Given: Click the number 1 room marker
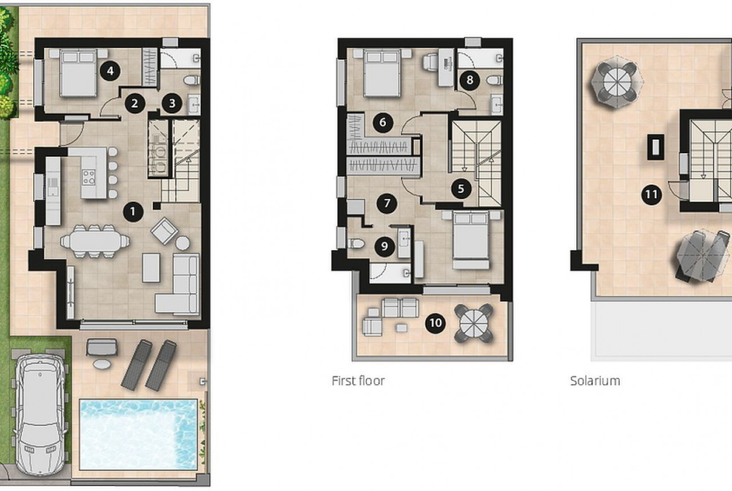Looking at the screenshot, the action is (x=133, y=211).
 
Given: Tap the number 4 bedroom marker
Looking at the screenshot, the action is (x=109, y=71).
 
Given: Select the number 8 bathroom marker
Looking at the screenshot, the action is (x=470, y=80).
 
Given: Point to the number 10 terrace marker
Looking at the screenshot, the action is (x=435, y=323).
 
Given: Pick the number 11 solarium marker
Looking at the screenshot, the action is (x=651, y=194).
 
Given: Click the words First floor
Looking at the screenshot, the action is (x=358, y=380).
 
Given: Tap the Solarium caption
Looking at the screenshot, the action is (x=595, y=380).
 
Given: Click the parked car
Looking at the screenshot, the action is (x=40, y=412).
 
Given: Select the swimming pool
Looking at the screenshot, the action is (x=139, y=434).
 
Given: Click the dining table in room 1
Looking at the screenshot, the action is (x=94, y=241).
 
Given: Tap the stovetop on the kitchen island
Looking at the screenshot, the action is (x=89, y=177).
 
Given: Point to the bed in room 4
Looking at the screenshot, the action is (x=78, y=73).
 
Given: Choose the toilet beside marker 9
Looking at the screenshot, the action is (x=357, y=243).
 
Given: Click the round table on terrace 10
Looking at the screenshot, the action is (x=474, y=323).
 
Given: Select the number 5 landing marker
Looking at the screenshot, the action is (x=460, y=188).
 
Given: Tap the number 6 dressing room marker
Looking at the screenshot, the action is (x=383, y=123).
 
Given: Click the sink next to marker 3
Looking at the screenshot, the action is (x=194, y=104).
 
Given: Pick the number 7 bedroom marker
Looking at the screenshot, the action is (x=387, y=203).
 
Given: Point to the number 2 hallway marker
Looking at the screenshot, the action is (x=135, y=103).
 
